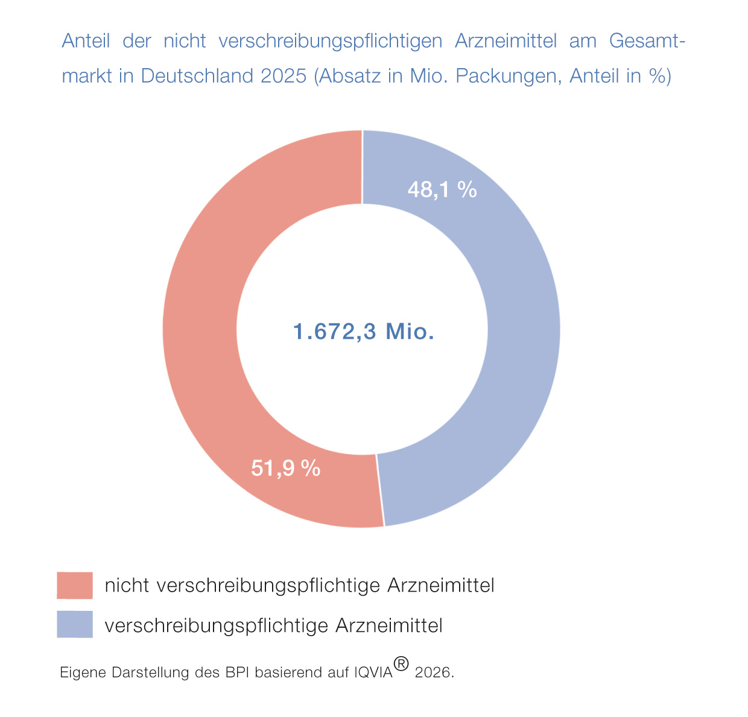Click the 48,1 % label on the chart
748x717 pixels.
click(442, 190)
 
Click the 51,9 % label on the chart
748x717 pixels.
click(285, 468)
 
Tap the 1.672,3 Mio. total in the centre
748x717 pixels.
click(364, 332)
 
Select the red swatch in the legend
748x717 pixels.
click(75, 585)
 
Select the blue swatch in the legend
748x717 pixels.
click(75, 624)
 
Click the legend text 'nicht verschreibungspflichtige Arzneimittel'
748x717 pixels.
click(299, 586)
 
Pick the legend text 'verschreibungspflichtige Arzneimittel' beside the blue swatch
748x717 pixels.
click(273, 625)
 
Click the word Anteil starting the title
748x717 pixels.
click(86, 41)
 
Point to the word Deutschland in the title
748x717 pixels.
click(198, 76)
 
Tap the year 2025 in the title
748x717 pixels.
click(284, 76)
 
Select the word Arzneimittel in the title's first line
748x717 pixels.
click(506, 41)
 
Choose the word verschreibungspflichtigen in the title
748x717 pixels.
click(331, 41)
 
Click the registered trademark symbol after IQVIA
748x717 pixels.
click(401, 664)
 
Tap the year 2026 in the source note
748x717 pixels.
click(434, 672)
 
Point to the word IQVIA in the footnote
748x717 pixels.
click(374, 672)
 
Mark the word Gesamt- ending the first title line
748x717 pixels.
click(647, 41)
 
